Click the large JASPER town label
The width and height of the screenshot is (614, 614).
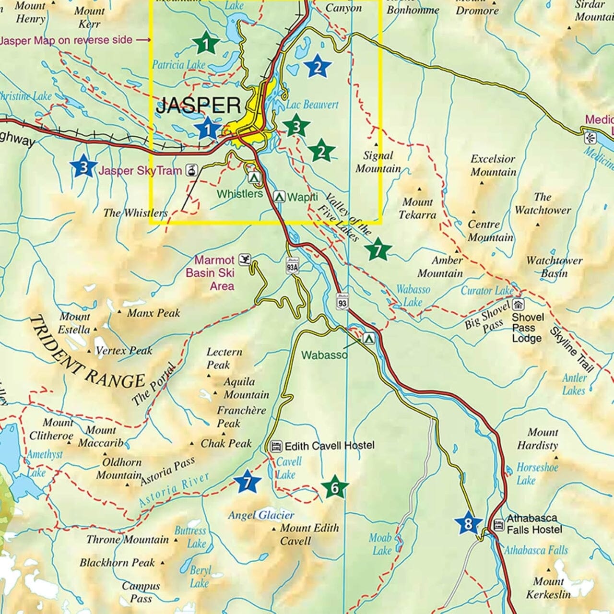click(198, 105)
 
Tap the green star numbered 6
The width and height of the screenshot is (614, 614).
click(334, 488)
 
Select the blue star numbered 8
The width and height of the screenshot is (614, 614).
click(468, 523)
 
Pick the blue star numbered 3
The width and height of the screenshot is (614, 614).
click(83, 166)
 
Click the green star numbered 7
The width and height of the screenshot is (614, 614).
click(378, 250)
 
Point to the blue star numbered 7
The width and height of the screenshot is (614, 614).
click(247, 482)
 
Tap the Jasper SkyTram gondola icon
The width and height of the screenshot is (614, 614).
click(191, 169)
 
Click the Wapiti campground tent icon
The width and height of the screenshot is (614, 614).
click(279, 197)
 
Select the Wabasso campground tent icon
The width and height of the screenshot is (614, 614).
click(368, 338)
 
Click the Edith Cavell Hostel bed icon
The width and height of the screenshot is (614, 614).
click(276, 446)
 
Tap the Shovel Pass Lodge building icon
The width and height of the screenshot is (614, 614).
click(518, 305)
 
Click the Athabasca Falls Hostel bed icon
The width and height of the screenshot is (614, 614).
click(499, 524)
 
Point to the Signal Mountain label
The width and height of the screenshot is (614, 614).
click(378, 162)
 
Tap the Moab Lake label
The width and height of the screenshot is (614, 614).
click(381, 544)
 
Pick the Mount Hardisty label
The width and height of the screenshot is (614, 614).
click(537, 438)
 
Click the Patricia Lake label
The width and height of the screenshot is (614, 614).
click(178, 65)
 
